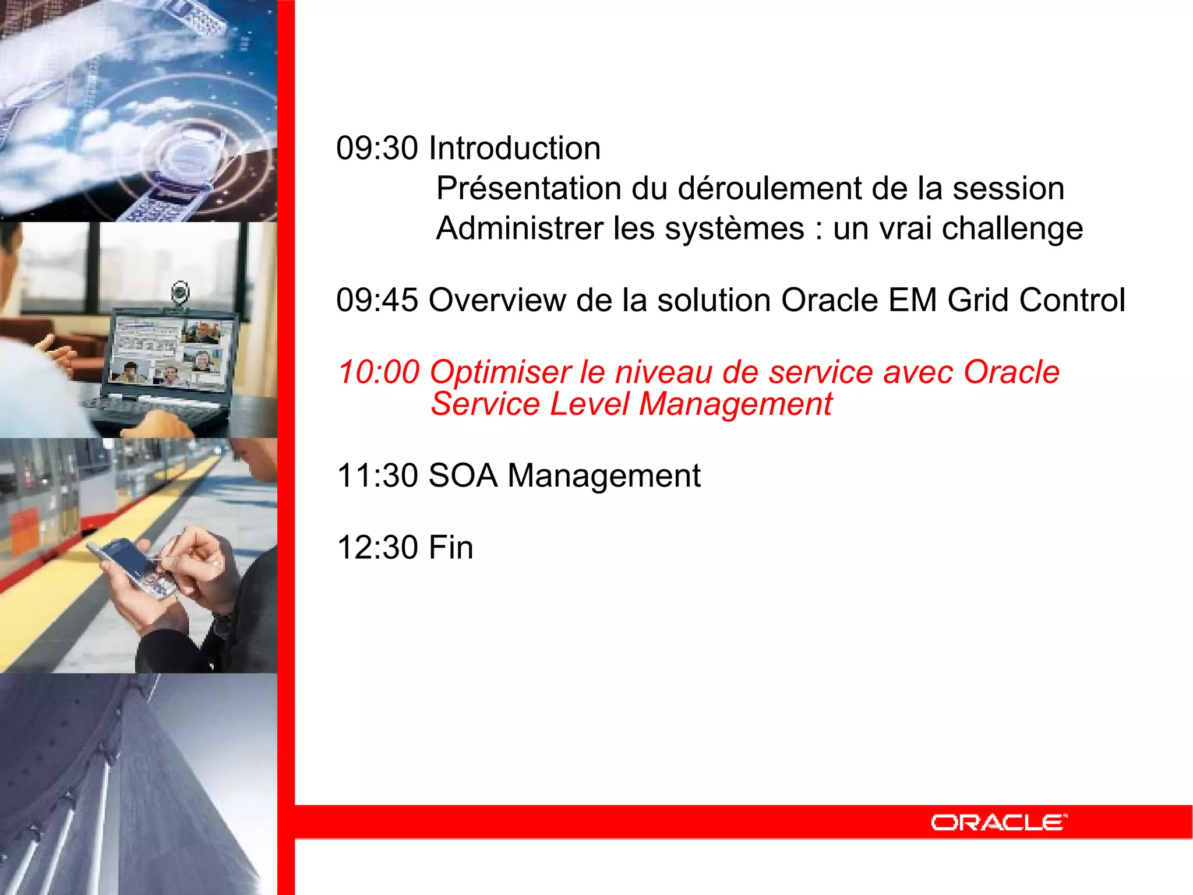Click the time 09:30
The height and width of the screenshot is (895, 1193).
[377, 148]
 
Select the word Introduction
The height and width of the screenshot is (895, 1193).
[514, 148]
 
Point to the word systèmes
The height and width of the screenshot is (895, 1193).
[735, 228]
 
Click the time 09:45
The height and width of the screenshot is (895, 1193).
[377, 300]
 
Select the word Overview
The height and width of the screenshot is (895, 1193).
[497, 300]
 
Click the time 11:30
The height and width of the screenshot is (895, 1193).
[377, 475]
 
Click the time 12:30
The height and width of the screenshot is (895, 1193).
[377, 548]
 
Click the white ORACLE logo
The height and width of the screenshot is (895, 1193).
[998, 822]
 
